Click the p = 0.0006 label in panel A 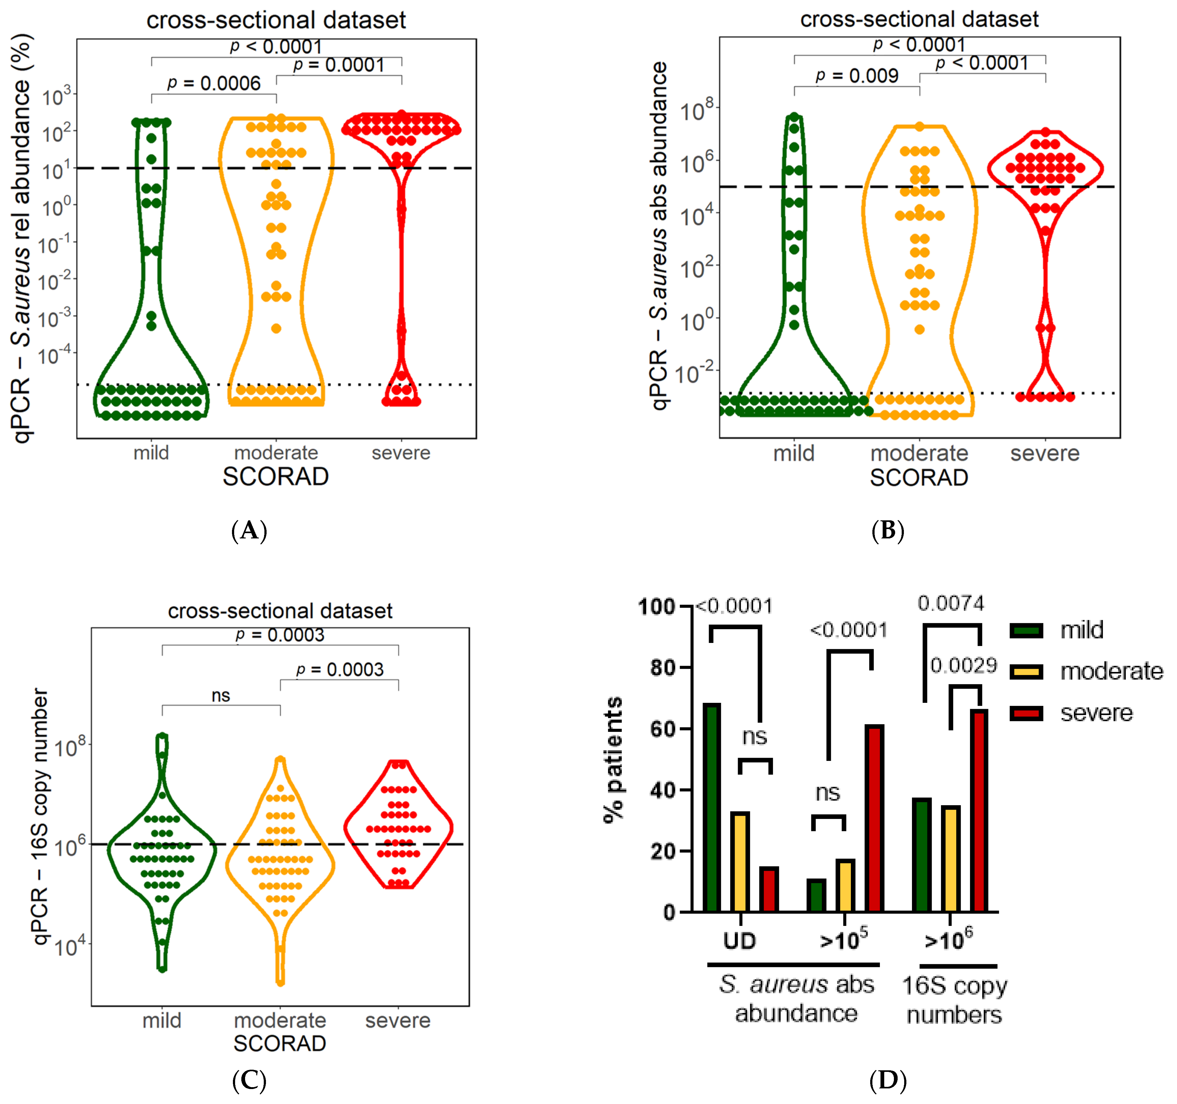click(x=214, y=84)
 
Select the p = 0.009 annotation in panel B click(x=857, y=76)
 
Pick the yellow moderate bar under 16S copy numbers click(x=951, y=859)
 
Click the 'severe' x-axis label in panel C click(x=398, y=1020)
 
